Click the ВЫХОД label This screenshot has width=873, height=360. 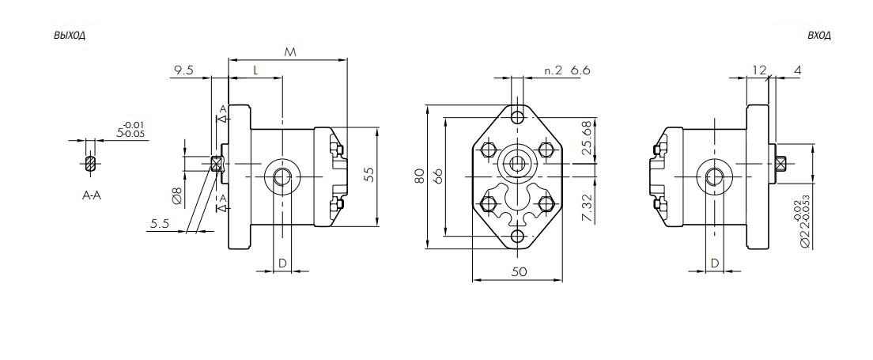point(69,36)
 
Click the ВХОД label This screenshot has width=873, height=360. point(818,36)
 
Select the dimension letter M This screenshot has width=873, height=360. point(289,51)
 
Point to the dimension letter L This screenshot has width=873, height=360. point(255,70)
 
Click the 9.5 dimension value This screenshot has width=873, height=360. point(183,70)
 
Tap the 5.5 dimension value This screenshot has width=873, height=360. point(161,225)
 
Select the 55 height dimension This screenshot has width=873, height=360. point(368,175)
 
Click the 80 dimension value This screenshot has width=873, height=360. point(420,176)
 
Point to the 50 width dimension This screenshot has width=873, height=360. point(519,271)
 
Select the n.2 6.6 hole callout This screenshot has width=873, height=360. point(568,71)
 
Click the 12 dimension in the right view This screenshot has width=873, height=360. point(760,70)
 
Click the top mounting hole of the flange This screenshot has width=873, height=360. point(518,117)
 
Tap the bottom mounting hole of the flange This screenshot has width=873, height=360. point(518,237)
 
